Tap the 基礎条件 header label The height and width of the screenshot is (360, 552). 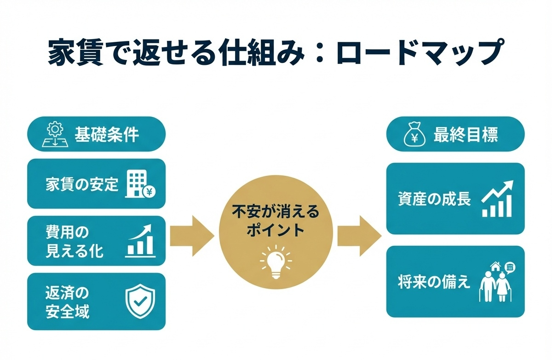(x=107, y=134)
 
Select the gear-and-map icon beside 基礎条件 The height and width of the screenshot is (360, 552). (x=54, y=135)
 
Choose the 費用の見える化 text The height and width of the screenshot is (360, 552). (x=74, y=241)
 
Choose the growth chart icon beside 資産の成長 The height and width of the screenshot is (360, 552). (x=497, y=199)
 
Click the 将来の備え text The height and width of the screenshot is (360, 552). (x=434, y=282)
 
